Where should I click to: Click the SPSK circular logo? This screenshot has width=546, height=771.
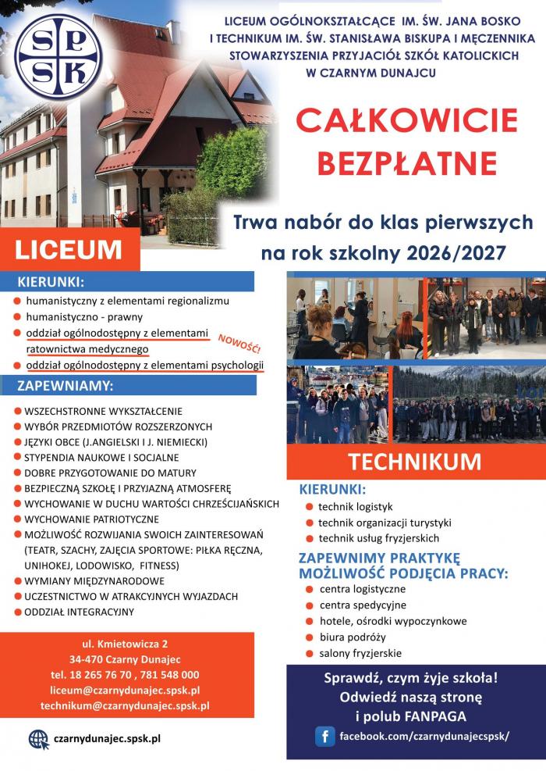pos(58,61)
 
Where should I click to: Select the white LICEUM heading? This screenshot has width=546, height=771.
pos(69,249)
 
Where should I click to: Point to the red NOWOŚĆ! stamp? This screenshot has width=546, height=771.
pos(239,341)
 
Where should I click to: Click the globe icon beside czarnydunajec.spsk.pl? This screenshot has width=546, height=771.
pos(37,738)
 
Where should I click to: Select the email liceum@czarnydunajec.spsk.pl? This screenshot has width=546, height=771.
pos(125,691)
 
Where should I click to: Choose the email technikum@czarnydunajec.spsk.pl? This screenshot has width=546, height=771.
pos(125,706)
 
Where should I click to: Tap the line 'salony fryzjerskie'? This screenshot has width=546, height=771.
pos(360,653)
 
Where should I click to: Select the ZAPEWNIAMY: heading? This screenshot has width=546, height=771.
pos(66,386)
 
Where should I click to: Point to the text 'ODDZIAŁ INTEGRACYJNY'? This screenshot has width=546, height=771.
pos(80,612)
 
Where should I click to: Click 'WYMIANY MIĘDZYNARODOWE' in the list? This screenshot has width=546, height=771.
pos(94,580)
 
